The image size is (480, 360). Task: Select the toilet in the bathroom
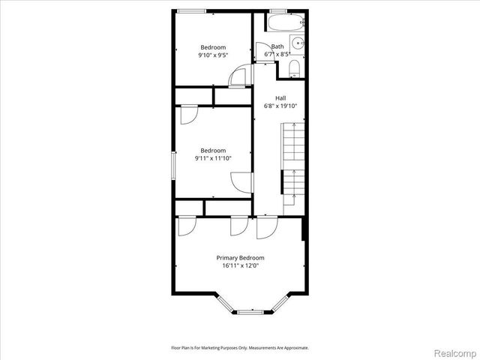coord(295,70)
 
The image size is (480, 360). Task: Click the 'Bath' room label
coord(277,46)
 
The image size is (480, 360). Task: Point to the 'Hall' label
coord(280,98)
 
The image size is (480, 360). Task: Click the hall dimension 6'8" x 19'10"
coord(280,106)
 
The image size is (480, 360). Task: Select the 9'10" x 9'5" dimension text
coord(212,55)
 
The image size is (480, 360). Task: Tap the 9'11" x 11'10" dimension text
coord(212,157)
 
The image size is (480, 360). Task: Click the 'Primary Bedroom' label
coord(240,257)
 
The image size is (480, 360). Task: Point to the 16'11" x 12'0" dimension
coord(240,265)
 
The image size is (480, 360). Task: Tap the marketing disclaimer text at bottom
coord(240,347)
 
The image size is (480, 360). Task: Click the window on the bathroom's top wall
coord(278,10)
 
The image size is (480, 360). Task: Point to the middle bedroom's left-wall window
coord(174,165)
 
